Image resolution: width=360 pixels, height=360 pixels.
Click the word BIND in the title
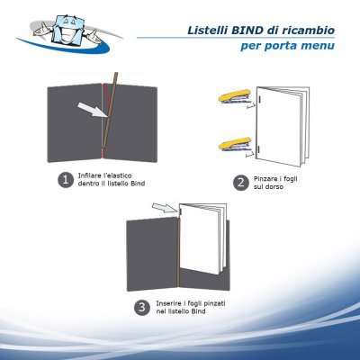(256, 30)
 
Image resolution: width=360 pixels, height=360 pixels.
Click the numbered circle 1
(64, 180)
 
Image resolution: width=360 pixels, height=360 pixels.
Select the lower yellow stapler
(232, 141)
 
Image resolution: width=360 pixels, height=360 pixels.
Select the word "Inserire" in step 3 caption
(170, 302)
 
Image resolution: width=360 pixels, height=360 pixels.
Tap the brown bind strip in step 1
(108, 117)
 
